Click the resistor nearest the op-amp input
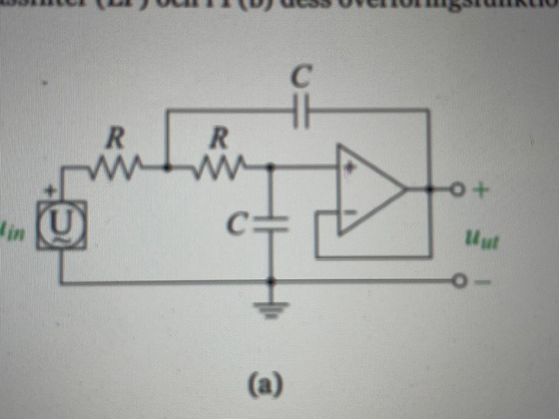(x=220, y=168)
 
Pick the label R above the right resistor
(x=220, y=138)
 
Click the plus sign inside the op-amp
(x=349, y=168)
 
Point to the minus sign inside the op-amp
(x=349, y=210)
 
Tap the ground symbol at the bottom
(x=272, y=307)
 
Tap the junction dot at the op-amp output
(x=429, y=189)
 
